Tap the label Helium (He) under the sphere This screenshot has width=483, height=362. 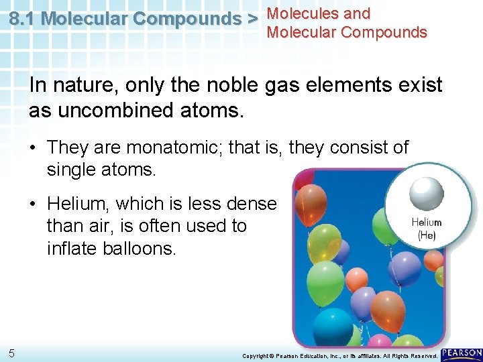pyautogui.click(x=426, y=229)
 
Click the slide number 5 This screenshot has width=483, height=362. pyautogui.click(x=12, y=353)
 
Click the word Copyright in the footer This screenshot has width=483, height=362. pyautogui.click(x=256, y=355)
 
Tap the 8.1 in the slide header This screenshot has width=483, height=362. pyautogui.click(x=23, y=19)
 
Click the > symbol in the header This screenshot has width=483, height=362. pyautogui.click(x=251, y=19)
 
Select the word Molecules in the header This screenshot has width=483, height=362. pyautogui.click(x=300, y=13)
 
